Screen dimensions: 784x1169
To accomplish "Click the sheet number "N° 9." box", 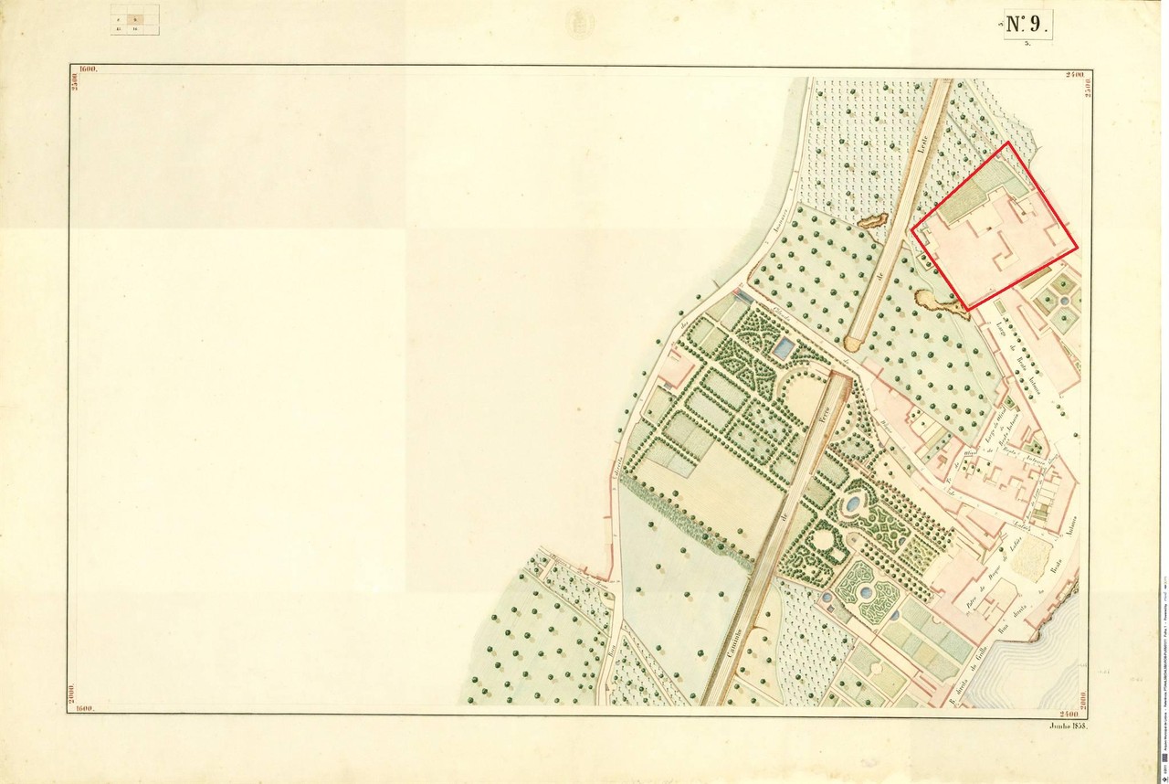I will click(1029, 25).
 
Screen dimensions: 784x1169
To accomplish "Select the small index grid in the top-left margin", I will click(135, 20).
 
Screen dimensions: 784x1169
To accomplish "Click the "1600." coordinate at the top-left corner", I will click(89, 69).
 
